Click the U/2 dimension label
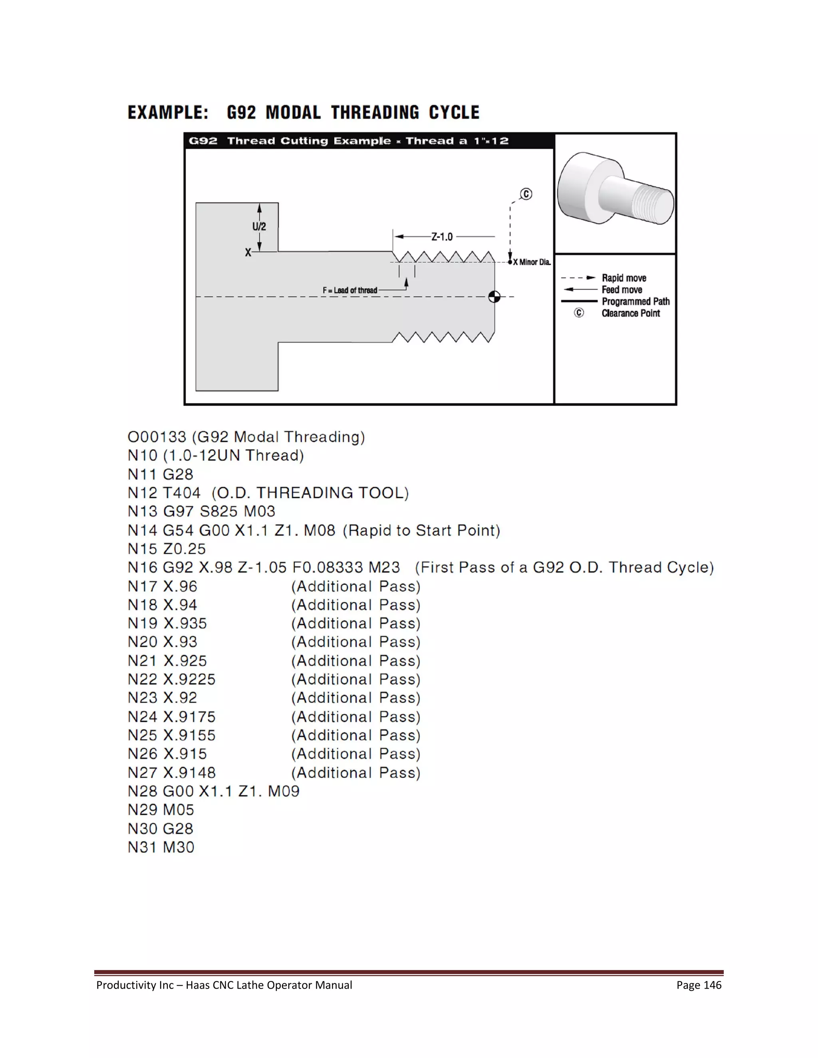pos(259,226)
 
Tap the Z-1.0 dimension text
pos(442,237)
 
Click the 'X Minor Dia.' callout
pos(532,262)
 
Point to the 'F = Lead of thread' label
pos(349,290)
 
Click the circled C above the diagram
pos(526,194)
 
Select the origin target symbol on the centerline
pos(494,297)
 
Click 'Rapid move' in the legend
pos(623,278)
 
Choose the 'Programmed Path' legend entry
pos(635,301)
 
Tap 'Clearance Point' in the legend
pos(630,313)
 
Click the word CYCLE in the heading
pos(454,113)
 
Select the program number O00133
pos(157,437)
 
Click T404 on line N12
pos(181,493)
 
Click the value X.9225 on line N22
pos(189,680)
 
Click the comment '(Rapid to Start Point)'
pos(421,531)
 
